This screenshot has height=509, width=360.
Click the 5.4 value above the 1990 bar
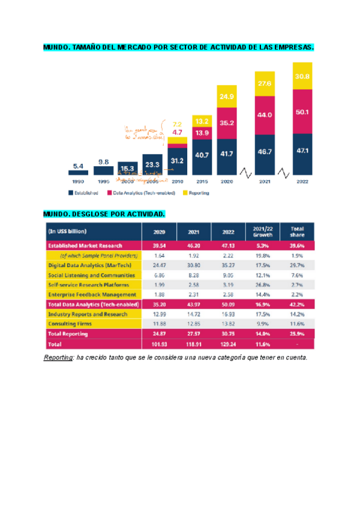[78, 165]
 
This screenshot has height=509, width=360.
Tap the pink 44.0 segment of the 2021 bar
[265, 115]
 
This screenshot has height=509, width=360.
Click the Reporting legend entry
[198, 193]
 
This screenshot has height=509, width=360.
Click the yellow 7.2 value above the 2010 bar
[177, 123]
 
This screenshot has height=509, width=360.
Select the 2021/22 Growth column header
[262, 232]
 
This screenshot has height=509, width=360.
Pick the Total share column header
[297, 232]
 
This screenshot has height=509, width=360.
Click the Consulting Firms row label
[71, 324]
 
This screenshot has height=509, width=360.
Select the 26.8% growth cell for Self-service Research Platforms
[262, 285]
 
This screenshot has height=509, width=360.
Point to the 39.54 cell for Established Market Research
[159, 245]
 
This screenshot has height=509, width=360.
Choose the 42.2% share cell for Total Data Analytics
[297, 304]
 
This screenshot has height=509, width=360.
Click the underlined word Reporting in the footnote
[58, 358]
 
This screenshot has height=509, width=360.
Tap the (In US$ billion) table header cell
[68, 231]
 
